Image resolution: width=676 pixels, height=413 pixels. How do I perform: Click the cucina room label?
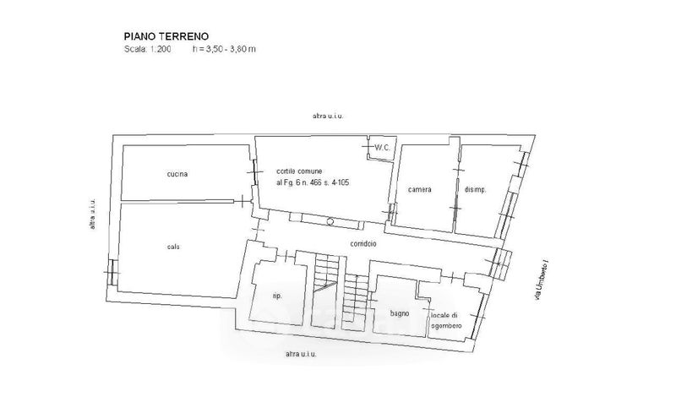[177, 175]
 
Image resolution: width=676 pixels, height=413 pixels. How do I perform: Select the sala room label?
[173, 247]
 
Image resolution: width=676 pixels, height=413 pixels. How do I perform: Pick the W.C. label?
[381, 149]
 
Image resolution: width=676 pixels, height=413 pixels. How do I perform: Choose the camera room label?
[419, 189]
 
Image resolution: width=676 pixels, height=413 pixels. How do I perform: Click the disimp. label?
[476, 189]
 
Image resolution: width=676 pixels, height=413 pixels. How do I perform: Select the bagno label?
[400, 313]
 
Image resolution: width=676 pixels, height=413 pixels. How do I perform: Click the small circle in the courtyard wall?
[330, 220]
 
